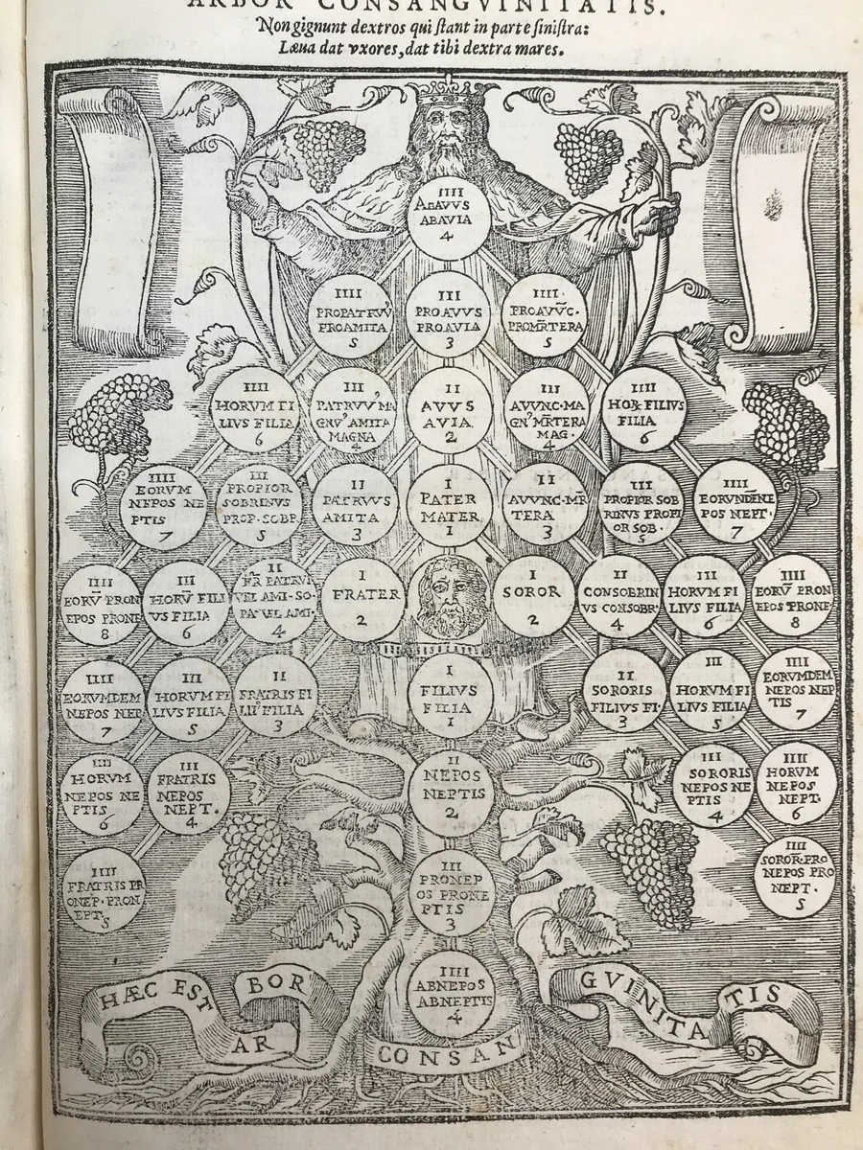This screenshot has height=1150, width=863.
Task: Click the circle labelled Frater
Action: pyautogui.click(x=363, y=602)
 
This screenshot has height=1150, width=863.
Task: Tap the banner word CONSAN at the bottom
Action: pyautogui.click(x=422, y=1052)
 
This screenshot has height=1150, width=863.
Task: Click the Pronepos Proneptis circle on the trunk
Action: pyautogui.click(x=450, y=891)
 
